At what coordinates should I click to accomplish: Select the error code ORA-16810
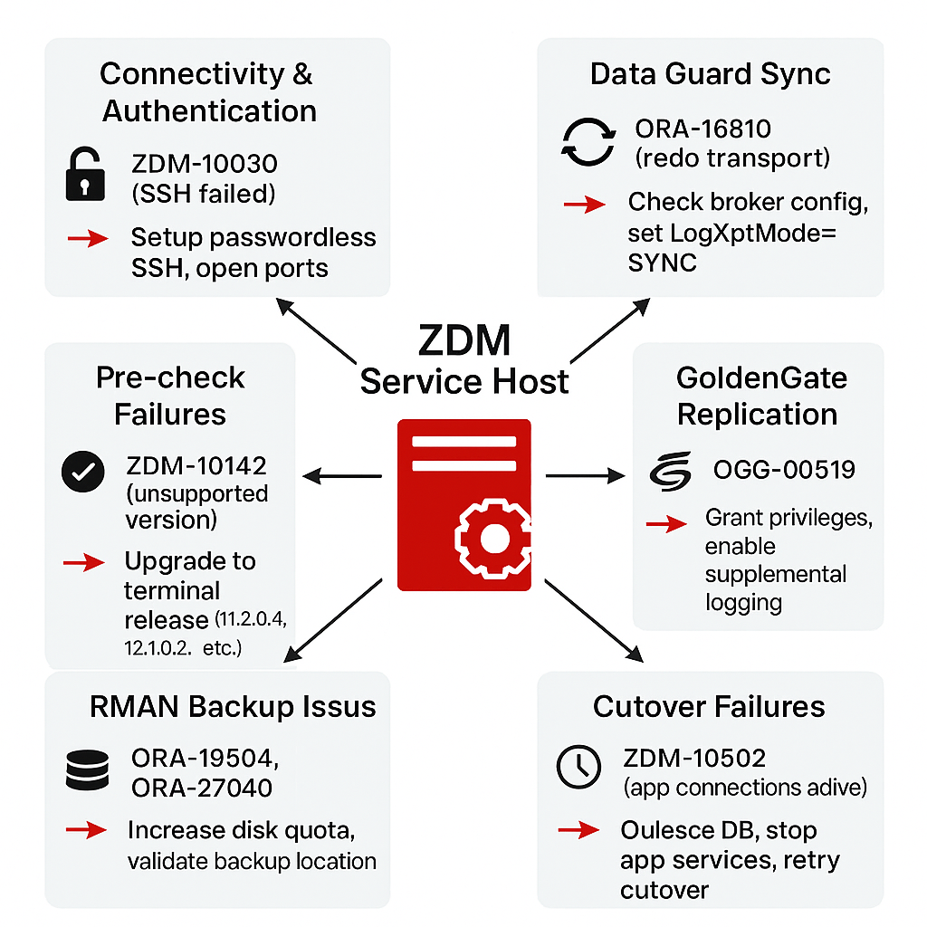tap(703, 129)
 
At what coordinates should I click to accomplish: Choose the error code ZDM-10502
tap(695, 759)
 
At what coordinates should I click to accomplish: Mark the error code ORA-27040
tap(201, 787)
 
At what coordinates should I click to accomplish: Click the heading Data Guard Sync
tap(710, 73)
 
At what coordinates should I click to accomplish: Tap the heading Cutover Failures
tap(709, 706)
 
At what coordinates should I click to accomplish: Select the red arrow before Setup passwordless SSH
tap(88, 238)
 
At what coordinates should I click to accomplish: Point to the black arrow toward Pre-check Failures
tap(340, 474)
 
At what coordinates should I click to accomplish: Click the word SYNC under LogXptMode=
tap(663, 263)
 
